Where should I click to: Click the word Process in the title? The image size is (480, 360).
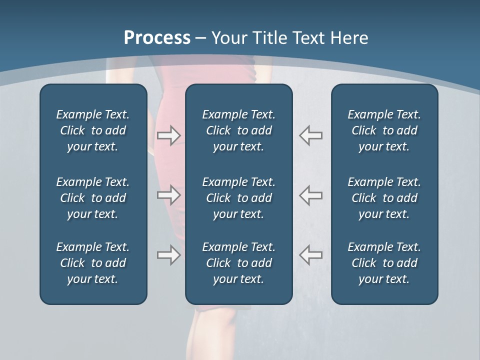point(157,38)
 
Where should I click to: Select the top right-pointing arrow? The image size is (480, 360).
point(168,135)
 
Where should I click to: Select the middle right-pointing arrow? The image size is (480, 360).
point(168,194)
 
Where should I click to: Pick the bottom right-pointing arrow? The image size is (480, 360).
point(168,255)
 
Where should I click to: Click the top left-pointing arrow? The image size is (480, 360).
point(311,135)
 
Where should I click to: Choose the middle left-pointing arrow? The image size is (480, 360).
point(311,194)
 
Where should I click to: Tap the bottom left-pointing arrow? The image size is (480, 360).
point(311,255)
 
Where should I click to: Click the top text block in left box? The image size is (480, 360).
point(93,130)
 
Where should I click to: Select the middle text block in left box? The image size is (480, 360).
point(93,198)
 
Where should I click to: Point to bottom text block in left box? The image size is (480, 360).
point(93,263)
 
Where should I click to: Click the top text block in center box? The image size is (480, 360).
point(239,130)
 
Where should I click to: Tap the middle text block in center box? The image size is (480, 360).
point(239,198)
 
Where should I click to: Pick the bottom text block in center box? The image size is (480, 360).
point(239,263)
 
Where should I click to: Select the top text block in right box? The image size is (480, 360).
point(384,130)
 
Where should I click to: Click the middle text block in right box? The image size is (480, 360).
point(384,198)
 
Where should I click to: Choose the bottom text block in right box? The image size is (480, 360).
point(384,263)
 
